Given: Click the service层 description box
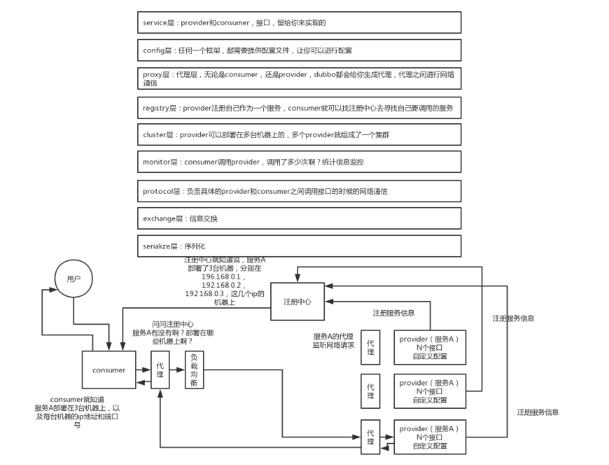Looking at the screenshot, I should click(x=299, y=23).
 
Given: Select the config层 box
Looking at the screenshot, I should click(x=299, y=51).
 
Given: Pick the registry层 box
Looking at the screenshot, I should click(x=299, y=108).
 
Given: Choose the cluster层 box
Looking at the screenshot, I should click(x=299, y=135).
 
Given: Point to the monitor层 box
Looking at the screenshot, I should click(x=299, y=162).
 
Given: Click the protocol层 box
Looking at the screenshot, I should click(x=299, y=190).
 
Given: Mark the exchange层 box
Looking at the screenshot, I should click(x=299, y=218).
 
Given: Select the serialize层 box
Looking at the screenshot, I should click(x=299, y=246).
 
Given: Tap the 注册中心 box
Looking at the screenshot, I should click(x=297, y=302).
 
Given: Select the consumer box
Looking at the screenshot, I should click(x=109, y=370).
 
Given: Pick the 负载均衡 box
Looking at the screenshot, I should click(x=195, y=370).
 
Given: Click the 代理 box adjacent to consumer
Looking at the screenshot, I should click(x=161, y=370).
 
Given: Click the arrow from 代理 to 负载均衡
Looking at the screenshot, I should click(x=177, y=370).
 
